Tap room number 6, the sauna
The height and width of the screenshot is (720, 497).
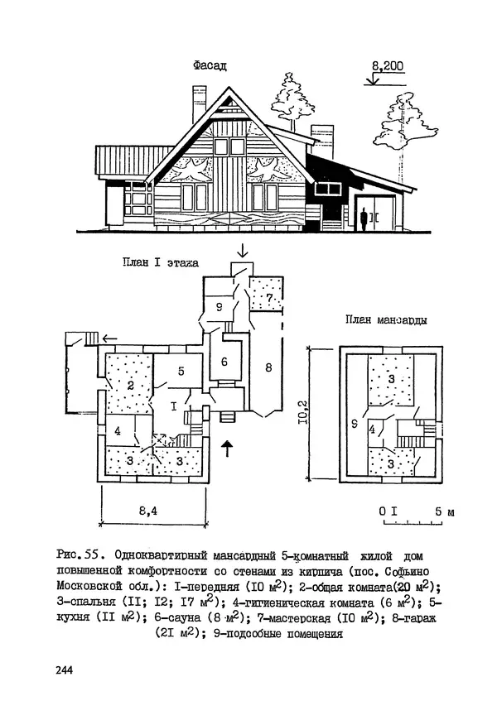[224, 361]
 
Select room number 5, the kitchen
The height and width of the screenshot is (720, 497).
[181, 371]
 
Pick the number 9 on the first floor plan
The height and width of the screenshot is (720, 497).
[220, 307]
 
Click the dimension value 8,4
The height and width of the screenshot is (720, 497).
[148, 511]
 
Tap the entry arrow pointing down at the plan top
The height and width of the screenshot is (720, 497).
[241, 250]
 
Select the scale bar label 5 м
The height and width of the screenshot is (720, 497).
[444, 512]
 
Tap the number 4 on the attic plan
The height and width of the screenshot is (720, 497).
[374, 430]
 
